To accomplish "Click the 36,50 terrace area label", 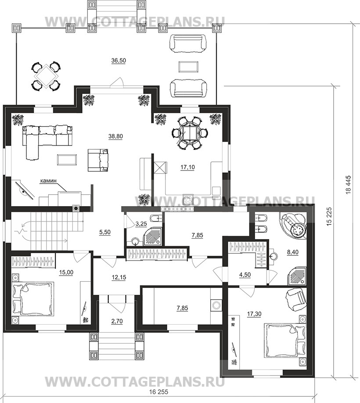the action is tap(119, 61).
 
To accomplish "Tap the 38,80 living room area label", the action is tap(115, 136).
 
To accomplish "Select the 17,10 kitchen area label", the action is tap(187, 167).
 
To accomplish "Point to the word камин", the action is tap(48, 181).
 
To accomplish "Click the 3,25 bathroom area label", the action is tap(141, 224).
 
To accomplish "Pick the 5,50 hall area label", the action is tap(105, 232).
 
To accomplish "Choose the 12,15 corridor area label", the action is tap(119, 278).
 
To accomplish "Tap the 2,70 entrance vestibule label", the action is tap(117, 321).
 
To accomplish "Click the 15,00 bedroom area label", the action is tap(66, 272).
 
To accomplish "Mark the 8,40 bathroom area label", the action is tap(292, 252).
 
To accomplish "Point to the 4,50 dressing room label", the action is tap(245, 275).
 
